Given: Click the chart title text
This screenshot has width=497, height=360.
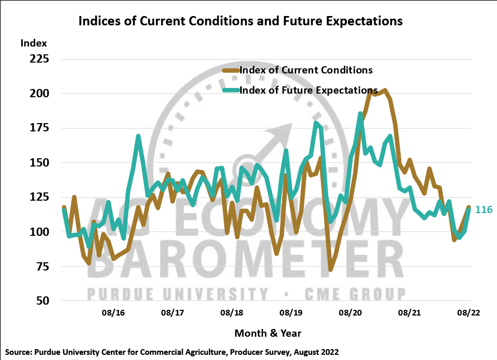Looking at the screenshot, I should (x=240, y=21).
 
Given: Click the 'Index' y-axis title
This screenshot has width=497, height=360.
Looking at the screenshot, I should (x=34, y=43).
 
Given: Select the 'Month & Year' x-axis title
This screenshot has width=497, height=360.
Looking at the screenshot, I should (x=268, y=333).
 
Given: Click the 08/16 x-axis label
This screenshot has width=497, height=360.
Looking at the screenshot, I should (x=113, y=313).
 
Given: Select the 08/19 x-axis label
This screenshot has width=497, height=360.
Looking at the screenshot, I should (x=291, y=313).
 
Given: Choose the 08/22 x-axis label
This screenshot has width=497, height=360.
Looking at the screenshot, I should (x=469, y=313).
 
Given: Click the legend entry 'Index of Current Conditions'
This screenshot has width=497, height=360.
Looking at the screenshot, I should (x=305, y=70).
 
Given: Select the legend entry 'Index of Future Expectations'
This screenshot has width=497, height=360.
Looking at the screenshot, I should (x=308, y=90).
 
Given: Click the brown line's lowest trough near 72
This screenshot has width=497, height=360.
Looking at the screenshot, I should (x=330, y=269).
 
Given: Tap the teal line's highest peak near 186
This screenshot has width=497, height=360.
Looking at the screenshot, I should (x=360, y=113).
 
